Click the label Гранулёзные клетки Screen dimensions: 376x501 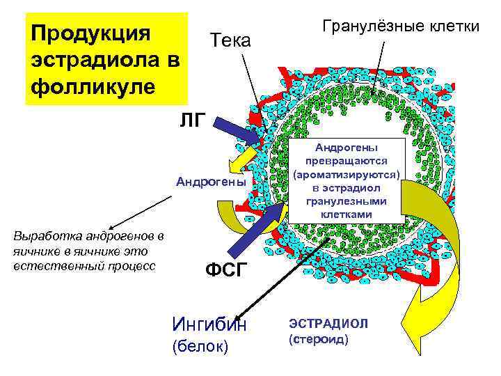(x=400, y=26)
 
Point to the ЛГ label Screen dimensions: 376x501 (x=193, y=121)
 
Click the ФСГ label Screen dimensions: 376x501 (x=226, y=270)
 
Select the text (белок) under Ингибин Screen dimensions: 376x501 (x=200, y=346)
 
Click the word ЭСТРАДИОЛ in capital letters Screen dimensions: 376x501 (x=328, y=324)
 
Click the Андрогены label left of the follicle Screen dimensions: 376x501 (x=211, y=182)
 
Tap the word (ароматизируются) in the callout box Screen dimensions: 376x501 (x=347, y=173)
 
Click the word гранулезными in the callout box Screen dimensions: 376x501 (x=346, y=201)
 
